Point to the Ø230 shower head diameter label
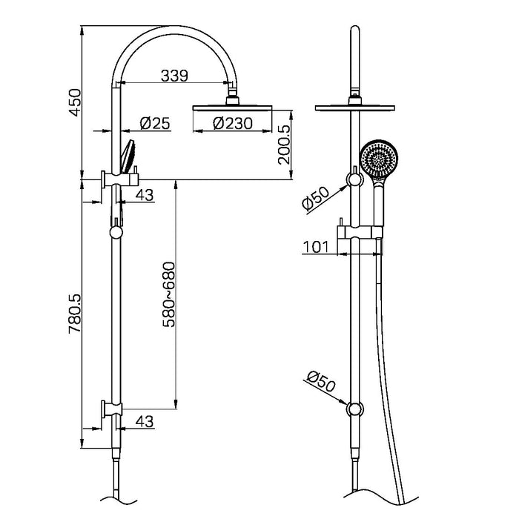231,124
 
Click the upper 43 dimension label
145,194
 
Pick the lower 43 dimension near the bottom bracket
145,420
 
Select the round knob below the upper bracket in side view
115,232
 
